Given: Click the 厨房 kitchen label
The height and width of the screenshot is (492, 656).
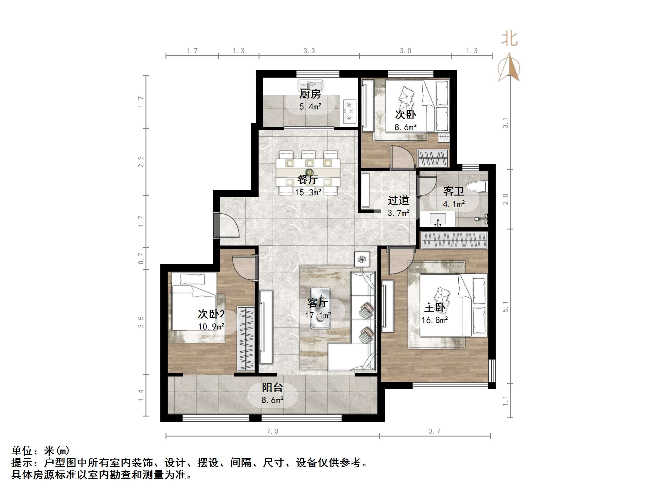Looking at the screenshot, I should click(310, 95).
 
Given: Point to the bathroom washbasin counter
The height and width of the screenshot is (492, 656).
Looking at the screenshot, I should click(437, 219).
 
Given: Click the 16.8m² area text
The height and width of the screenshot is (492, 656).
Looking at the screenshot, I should click(434, 320).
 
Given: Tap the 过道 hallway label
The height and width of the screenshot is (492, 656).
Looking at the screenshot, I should click(398, 200).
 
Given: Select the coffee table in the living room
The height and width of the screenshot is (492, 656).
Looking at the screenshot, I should click(320, 308).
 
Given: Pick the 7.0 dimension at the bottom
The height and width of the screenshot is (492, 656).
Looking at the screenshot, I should click(272, 431).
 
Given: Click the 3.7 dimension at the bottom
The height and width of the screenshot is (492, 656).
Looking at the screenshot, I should click(434, 431).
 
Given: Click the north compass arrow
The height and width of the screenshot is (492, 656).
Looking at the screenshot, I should click(509, 67).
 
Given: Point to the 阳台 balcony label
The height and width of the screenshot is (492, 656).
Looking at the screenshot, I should click(272, 387).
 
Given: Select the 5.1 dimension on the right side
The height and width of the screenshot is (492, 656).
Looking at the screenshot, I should click(505, 307).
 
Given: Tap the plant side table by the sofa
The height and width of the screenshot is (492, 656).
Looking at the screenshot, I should click(362, 259).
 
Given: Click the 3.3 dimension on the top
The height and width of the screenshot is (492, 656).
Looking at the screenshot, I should click(309, 51).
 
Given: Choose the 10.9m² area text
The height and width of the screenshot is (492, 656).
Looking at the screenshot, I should click(211, 326).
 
